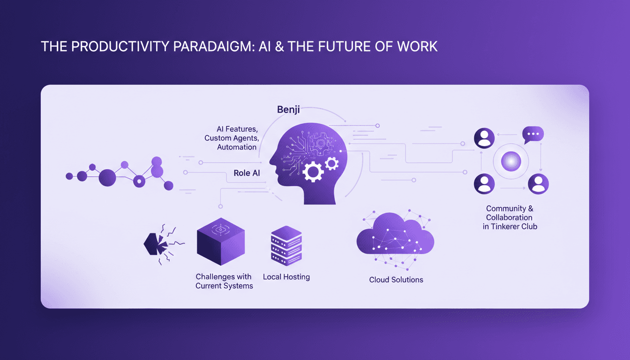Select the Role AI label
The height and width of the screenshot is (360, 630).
pos(247,173)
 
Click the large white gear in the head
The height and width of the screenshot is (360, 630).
pos(313,171)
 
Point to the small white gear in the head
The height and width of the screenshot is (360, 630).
pos(331,163)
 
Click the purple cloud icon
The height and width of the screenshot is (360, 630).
pos(395,237)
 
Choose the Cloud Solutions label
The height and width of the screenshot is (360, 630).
pos(396,280)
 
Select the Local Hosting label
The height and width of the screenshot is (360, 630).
pos(286,277)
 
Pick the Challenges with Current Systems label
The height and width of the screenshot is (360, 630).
pos(224,281)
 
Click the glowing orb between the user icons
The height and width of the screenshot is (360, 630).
pos(510,161)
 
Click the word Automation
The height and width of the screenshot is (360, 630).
pos(237,147)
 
